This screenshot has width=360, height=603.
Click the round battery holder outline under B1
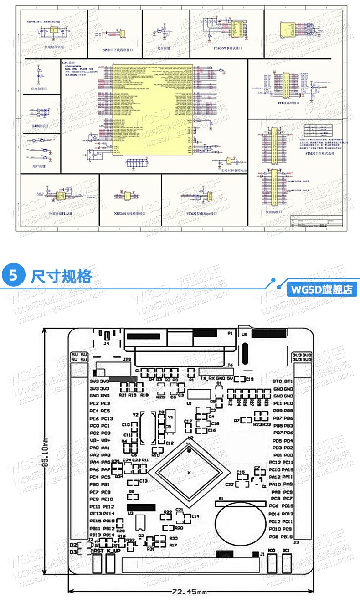(241, 524)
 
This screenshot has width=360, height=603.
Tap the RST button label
(98, 551)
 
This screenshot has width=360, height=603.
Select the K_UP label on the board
(113, 551)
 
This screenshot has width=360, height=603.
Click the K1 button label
(286, 551)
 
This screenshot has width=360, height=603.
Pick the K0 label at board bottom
(272, 551)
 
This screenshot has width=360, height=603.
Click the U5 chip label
(244, 334)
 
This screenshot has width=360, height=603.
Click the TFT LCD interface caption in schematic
(286, 103)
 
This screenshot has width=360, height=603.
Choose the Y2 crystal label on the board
(135, 415)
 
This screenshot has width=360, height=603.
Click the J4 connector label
(106, 344)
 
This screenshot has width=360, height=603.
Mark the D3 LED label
(73, 552)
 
